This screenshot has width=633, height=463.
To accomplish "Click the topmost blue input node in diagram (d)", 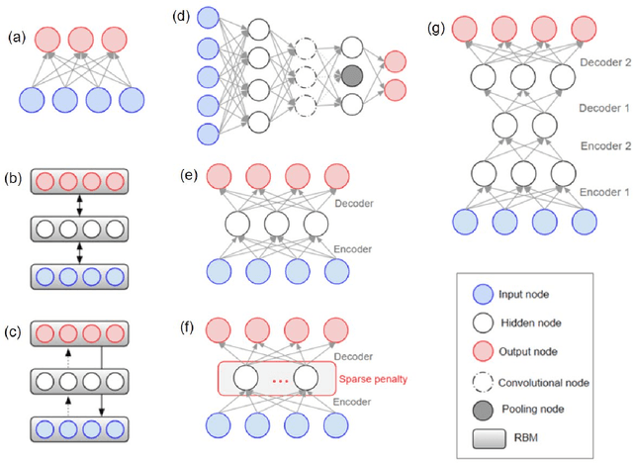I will [209, 17].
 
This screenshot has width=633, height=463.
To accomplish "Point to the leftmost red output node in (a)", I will [49, 40].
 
